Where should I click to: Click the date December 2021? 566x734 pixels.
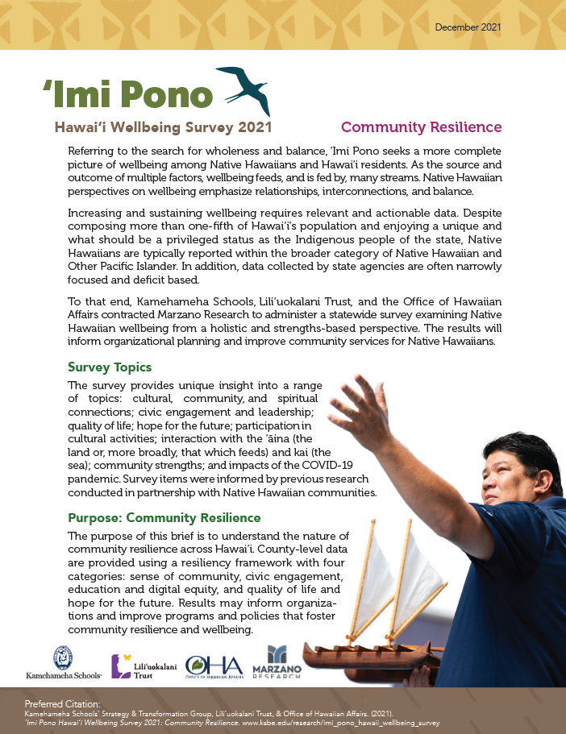click(x=468, y=27)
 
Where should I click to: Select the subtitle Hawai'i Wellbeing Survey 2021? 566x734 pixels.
click(x=163, y=127)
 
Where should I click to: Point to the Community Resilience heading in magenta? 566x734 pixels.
click(x=421, y=127)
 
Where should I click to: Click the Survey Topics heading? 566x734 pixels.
click(x=110, y=367)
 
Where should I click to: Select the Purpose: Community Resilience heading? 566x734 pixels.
click(x=164, y=517)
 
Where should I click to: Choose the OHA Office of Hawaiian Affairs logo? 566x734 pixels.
click(x=214, y=666)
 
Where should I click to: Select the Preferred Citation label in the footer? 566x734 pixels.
click(x=56, y=704)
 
